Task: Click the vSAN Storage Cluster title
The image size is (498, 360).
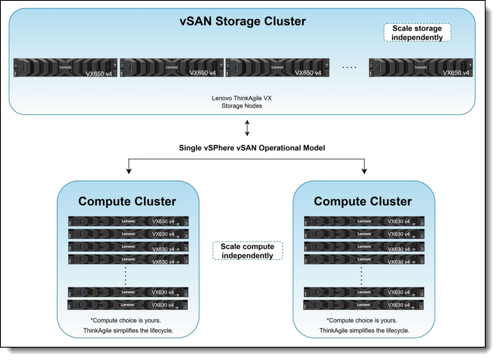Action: pos(242,21)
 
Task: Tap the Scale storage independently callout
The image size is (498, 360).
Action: pos(417,33)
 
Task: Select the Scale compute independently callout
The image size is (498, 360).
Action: pos(247,251)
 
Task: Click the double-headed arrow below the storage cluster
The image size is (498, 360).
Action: pos(247,128)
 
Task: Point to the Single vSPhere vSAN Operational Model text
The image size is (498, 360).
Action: pos(252,148)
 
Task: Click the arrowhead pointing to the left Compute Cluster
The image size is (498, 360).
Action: pos(129,170)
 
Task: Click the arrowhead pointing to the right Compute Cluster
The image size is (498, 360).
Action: pos(364,170)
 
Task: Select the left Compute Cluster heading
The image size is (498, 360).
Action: pos(127,201)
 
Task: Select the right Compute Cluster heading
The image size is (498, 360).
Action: pos(363,201)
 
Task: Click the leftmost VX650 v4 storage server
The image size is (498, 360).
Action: pos(66,67)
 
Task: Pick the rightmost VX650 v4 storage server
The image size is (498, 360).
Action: pos(421,67)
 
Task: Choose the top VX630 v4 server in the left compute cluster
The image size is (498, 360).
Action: pos(128,221)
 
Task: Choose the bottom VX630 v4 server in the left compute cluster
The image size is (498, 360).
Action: pos(128,305)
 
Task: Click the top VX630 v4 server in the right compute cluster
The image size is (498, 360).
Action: pos(364,221)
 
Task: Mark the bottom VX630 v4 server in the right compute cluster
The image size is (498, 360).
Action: pos(364,305)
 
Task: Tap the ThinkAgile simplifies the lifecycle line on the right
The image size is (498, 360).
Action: pos(364,331)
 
